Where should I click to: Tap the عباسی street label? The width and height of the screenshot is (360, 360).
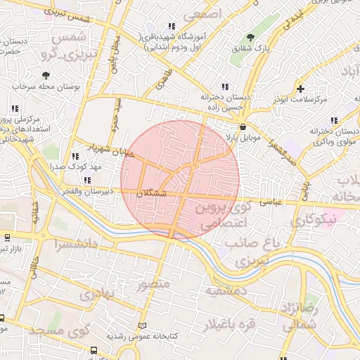point(271,202)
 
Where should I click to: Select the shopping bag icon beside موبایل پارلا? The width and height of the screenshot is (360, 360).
point(243,127)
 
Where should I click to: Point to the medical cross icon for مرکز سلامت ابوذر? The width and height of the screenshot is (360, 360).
point(301,89)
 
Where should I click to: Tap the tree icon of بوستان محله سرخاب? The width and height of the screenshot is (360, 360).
point(46,75)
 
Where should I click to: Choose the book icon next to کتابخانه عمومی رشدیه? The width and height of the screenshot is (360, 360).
point(143,326)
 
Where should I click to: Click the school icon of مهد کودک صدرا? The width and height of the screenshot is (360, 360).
point(75,156)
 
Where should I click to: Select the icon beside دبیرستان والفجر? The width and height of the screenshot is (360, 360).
point(86,180)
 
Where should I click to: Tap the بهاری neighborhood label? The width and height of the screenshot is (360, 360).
point(96,293)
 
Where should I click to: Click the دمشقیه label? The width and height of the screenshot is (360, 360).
point(226,290)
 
